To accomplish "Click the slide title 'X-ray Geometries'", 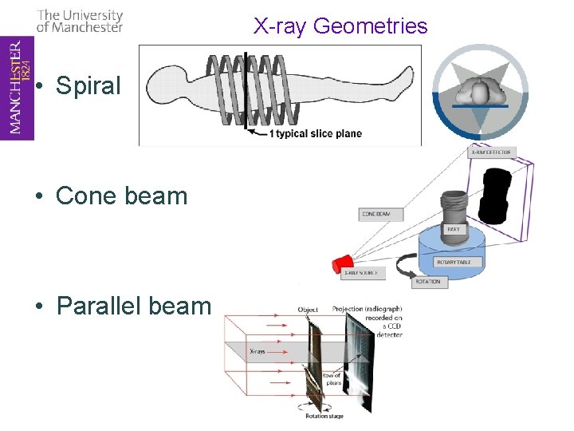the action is (340, 26).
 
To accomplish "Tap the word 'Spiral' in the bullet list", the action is (88, 85).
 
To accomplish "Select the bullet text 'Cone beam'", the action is (121, 196).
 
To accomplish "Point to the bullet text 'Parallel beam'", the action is (133, 306).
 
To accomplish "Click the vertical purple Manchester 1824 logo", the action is (17, 88).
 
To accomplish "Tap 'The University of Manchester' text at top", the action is (80, 21).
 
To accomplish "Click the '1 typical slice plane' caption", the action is (315, 133).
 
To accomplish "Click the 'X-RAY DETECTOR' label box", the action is (492, 152).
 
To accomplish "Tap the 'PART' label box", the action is (453, 229).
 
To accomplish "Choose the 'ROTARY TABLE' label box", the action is (453, 262).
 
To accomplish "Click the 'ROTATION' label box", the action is (427, 282).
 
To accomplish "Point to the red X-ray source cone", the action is (343, 264).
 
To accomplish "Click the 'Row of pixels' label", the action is (332, 378).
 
